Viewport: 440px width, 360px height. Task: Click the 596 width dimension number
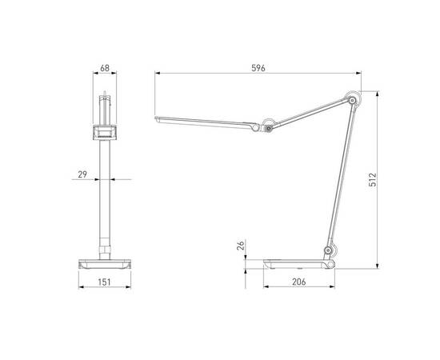tap(258, 69)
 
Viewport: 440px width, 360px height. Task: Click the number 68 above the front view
tap(106, 69)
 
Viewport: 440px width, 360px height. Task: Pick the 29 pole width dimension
tap(82, 174)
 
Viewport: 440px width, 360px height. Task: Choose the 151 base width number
tap(105, 282)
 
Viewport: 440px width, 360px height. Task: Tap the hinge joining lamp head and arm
tap(269, 126)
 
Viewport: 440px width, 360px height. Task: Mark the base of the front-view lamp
tap(105, 262)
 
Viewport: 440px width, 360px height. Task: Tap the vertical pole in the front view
tap(105, 192)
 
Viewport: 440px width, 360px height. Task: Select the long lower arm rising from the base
tap(340, 176)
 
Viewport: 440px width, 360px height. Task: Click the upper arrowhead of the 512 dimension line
tap(377, 90)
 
